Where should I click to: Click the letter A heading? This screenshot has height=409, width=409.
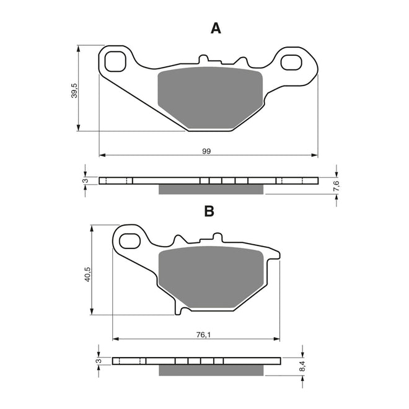pyautogui.click(x=216, y=28)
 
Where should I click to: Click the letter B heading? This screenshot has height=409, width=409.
pyautogui.click(x=209, y=211)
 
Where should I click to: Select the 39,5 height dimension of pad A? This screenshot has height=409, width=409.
pyautogui.click(x=74, y=90)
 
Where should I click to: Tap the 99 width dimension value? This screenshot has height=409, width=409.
pyautogui.click(x=206, y=151)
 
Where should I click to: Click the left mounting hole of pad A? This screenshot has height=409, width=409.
pyautogui.click(x=115, y=61)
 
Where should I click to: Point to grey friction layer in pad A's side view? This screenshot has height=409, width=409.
pyautogui.click(x=212, y=189)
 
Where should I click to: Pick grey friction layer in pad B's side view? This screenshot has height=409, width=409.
pyautogui.click(x=213, y=370)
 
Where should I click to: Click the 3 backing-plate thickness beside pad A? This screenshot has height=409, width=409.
pyautogui.click(x=86, y=181)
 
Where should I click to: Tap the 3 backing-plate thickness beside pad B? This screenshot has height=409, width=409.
pyautogui.click(x=99, y=361)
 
